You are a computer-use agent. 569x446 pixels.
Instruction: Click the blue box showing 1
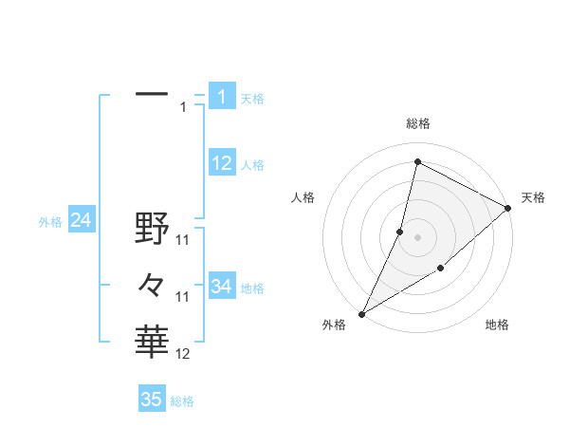pos(222,96)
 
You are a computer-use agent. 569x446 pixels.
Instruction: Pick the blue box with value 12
pos(222,163)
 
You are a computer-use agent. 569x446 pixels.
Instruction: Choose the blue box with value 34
pos(222,286)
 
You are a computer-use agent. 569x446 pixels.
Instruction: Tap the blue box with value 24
pos(81,221)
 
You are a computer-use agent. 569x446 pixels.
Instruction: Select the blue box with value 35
pos(152,400)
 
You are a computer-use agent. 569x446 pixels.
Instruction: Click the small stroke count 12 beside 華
pos(184,354)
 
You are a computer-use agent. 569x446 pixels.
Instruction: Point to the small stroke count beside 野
pos(184,241)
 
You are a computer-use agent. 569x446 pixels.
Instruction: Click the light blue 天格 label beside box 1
pos(252,99)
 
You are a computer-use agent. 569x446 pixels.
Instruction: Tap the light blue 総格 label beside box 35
pos(182,401)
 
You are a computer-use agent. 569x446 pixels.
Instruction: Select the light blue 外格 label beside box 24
pos(50,223)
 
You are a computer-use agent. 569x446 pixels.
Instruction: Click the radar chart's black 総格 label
pos(417,123)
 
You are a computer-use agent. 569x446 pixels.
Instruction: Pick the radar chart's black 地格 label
pos(497,325)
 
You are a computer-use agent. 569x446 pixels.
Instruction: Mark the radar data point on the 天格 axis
pos(508,210)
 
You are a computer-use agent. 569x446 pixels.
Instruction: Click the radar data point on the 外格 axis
pos(361,314)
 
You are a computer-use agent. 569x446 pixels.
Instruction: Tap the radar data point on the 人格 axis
pos(400,231)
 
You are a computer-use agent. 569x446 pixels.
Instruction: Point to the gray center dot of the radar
pos(417,237)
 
